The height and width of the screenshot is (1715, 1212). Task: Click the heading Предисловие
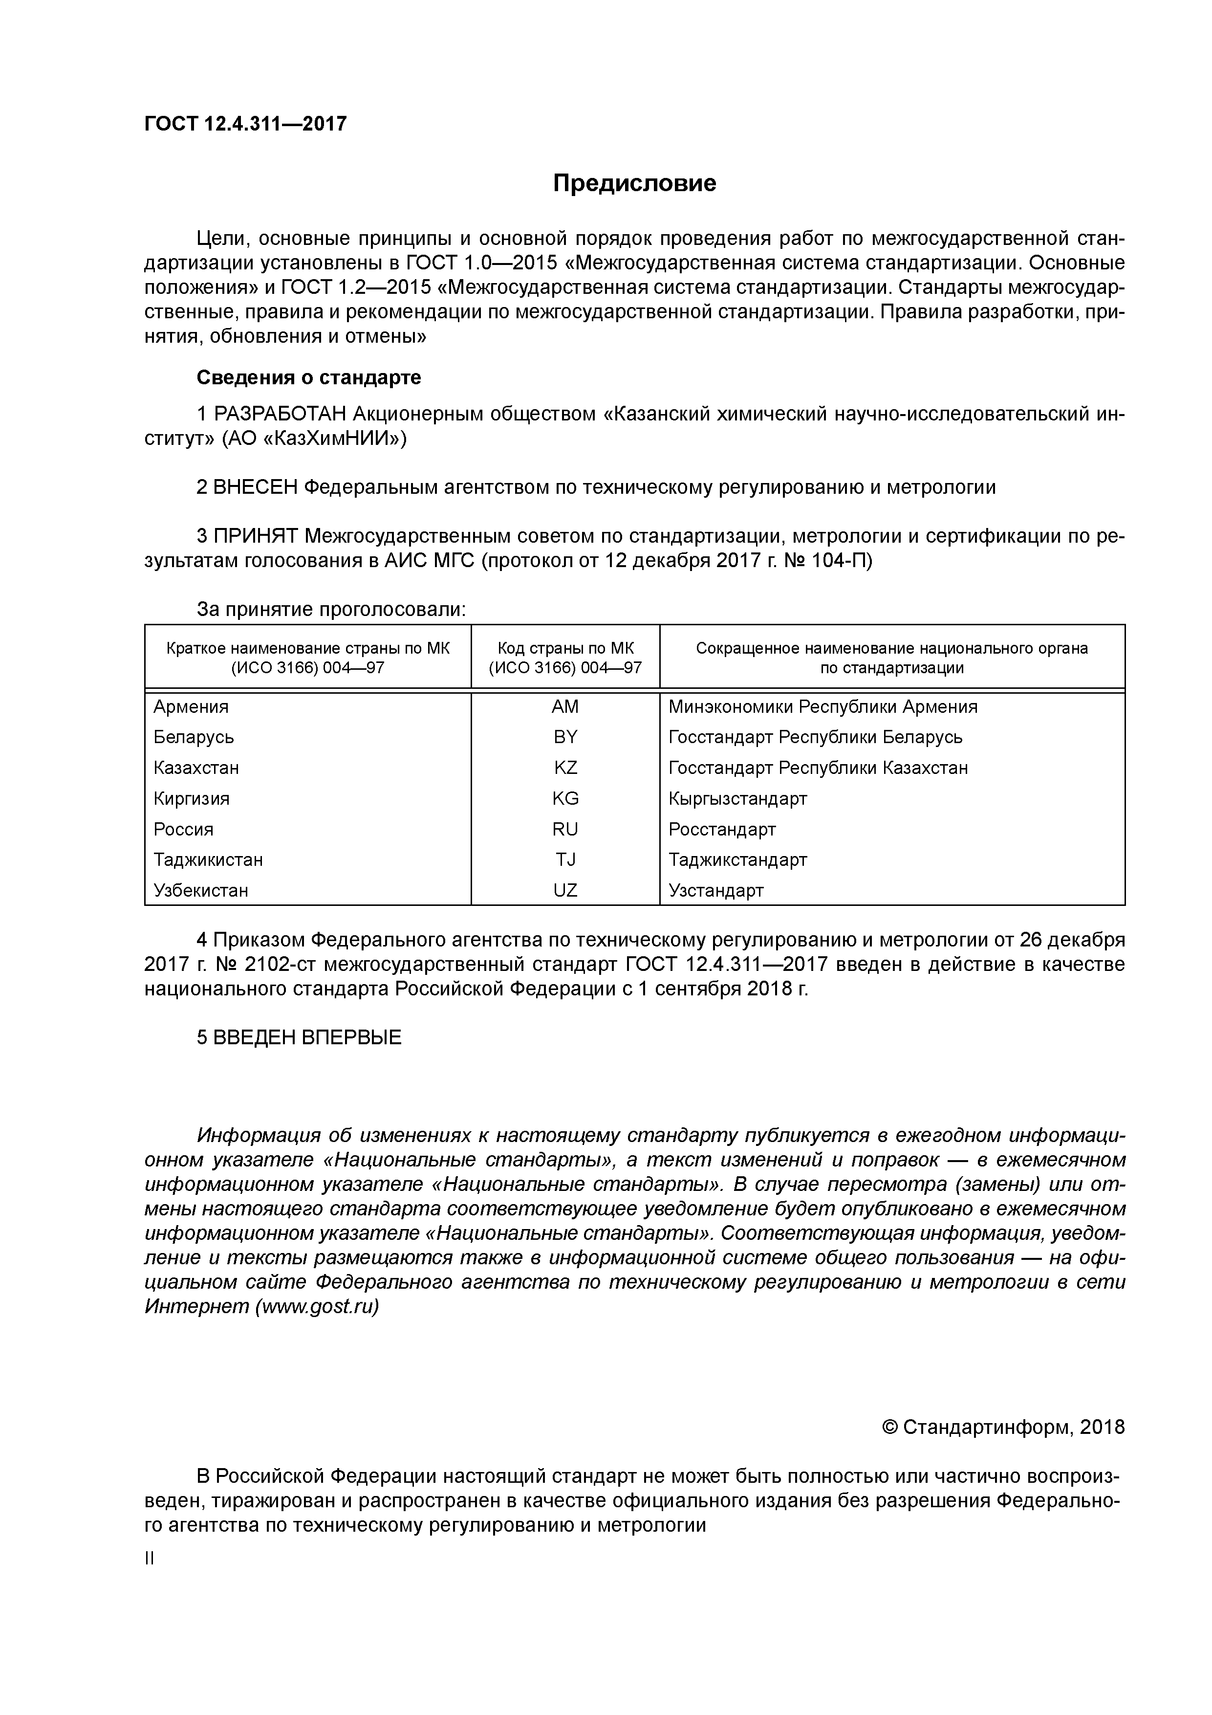pos(634,183)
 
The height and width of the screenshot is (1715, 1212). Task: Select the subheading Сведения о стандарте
pos(308,378)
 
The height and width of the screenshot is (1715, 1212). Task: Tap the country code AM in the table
pos(565,706)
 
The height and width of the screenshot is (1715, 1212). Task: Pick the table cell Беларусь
pos(194,737)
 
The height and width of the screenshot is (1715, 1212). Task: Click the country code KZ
pos(565,768)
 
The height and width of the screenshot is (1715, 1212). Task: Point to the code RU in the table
pos(565,829)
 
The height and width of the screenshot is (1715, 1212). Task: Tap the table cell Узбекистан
pos(200,890)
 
